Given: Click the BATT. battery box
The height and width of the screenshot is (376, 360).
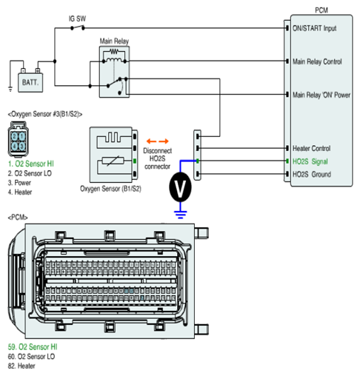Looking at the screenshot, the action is (30, 82).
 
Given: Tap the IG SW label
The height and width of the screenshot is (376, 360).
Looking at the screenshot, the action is (77, 19).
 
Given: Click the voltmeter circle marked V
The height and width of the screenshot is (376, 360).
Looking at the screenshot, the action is (180, 187).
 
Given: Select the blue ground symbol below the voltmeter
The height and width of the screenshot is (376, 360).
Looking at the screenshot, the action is (181, 215).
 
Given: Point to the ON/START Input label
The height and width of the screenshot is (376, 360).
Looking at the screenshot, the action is (314, 28).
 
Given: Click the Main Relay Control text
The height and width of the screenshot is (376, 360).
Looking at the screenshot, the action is (317, 61).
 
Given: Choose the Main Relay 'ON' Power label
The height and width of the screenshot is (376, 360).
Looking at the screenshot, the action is (321, 95).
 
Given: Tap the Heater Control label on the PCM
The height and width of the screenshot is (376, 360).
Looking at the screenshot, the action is (311, 148).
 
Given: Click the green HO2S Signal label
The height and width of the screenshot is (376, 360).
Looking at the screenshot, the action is (310, 161).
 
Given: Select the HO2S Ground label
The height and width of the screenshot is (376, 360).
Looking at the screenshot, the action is (312, 175).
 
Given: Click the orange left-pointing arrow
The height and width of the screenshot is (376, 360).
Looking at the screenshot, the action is (151, 141).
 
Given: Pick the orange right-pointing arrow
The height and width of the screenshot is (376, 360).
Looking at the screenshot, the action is (164, 141).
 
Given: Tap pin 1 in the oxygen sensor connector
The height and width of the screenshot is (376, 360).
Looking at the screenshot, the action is (22, 137).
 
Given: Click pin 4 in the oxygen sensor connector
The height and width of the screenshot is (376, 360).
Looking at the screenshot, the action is (15, 147).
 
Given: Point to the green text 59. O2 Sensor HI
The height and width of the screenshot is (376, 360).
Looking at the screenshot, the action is (33, 347).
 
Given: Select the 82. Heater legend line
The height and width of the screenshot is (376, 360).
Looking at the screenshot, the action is (21, 366).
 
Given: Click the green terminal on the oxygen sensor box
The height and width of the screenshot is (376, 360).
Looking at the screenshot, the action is (135, 161).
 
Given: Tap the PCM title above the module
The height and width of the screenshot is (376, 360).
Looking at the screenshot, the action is (321, 10).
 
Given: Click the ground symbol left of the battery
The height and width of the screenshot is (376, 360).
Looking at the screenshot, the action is (10, 89).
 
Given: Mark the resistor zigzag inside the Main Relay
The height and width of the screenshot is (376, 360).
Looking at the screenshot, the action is (114, 52).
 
